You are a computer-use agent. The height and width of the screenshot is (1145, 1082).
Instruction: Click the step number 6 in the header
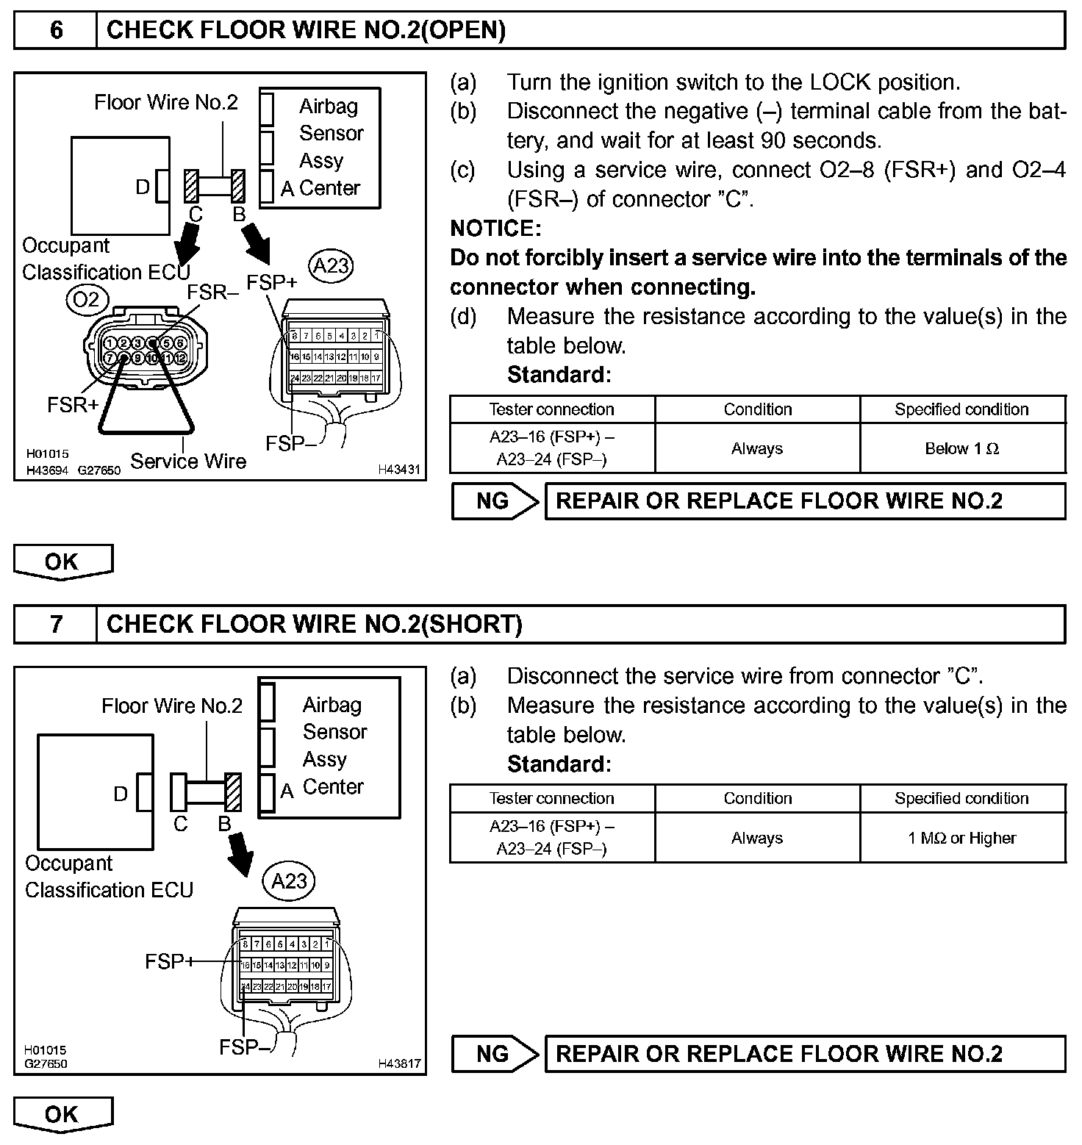56,30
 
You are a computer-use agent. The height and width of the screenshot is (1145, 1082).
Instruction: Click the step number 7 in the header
56,624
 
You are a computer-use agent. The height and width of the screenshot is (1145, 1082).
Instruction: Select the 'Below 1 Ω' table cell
961,448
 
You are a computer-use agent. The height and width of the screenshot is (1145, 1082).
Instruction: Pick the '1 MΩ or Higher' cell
961,838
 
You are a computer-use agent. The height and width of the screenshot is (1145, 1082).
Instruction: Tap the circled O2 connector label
87,298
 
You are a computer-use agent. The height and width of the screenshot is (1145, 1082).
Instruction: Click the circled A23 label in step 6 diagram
331,265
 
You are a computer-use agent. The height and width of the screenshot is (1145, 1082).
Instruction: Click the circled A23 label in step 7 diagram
290,880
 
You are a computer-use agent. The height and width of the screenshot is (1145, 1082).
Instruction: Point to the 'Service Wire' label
188,461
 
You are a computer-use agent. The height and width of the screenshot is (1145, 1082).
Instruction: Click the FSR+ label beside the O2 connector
72,404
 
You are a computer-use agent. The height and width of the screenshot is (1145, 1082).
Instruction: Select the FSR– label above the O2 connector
212,292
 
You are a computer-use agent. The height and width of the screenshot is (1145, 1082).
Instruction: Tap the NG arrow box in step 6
495,501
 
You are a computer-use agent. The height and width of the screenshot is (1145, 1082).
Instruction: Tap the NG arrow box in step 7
495,1054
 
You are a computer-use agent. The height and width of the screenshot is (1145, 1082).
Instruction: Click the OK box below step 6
62,562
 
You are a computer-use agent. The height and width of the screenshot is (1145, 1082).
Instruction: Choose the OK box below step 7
62,1114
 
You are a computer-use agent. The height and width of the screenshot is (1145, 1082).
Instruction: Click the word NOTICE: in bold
495,229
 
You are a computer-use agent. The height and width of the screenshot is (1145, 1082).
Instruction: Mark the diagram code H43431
400,469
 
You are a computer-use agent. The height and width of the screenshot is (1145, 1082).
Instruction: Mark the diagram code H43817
400,1063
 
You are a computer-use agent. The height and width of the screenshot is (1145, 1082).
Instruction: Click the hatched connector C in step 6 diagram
192,187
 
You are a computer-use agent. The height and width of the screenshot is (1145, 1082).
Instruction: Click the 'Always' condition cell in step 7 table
757,838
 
